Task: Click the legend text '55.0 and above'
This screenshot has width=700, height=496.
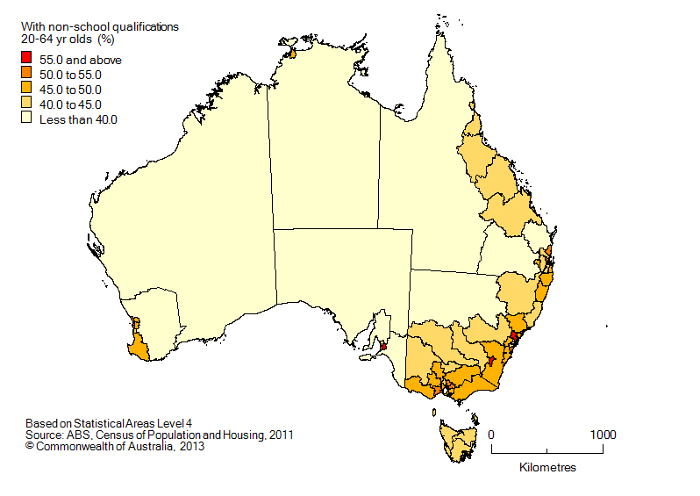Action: pos(81,60)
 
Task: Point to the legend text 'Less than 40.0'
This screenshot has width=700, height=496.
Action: pos(78,119)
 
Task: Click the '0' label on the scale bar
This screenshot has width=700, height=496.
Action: pos(491,435)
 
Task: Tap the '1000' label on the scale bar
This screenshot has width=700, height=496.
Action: pos(602,435)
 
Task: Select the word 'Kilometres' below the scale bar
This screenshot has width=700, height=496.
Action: pos(547,467)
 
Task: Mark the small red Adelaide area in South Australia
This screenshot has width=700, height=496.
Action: pos(383,346)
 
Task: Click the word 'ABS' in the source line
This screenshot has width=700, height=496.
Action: pos(80,434)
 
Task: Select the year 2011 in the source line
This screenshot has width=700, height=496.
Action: pos(280,434)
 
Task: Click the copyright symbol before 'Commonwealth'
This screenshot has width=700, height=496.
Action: pos(30,446)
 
